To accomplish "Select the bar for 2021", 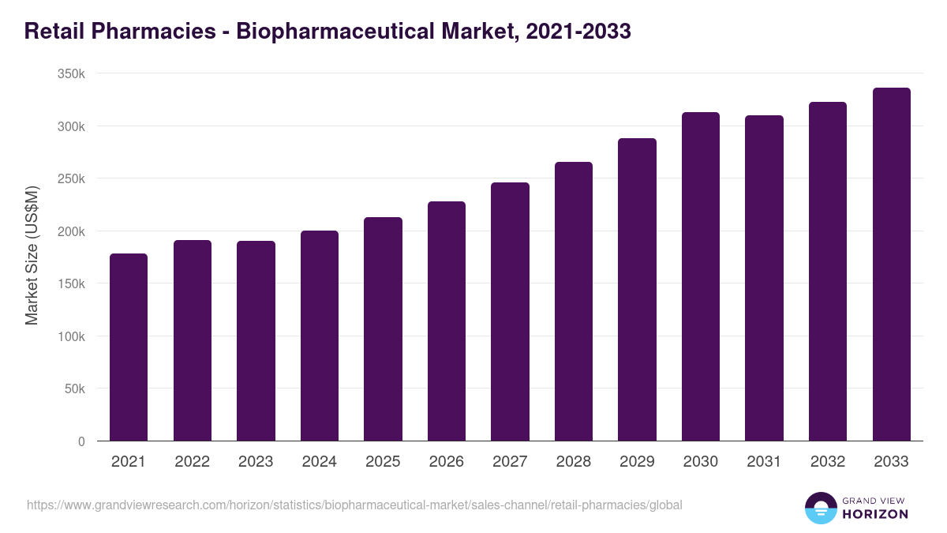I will pyautogui.click(x=129, y=347).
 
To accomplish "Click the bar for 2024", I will pyautogui.click(x=320, y=336).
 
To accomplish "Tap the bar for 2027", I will pyautogui.click(x=510, y=312).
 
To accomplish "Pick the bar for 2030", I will pyautogui.click(x=701, y=276).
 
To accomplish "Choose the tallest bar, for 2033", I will pyautogui.click(x=891, y=265).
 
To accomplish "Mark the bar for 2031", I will pyautogui.click(x=764, y=278).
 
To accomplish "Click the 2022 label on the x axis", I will pyautogui.click(x=192, y=462).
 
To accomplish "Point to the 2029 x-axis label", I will pyautogui.click(x=637, y=462).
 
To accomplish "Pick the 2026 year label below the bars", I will pyautogui.click(x=447, y=462).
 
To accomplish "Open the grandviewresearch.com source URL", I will pyautogui.click(x=354, y=505).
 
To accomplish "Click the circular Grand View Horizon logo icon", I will pyautogui.click(x=820, y=508).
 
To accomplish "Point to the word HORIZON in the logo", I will pyautogui.click(x=875, y=514).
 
